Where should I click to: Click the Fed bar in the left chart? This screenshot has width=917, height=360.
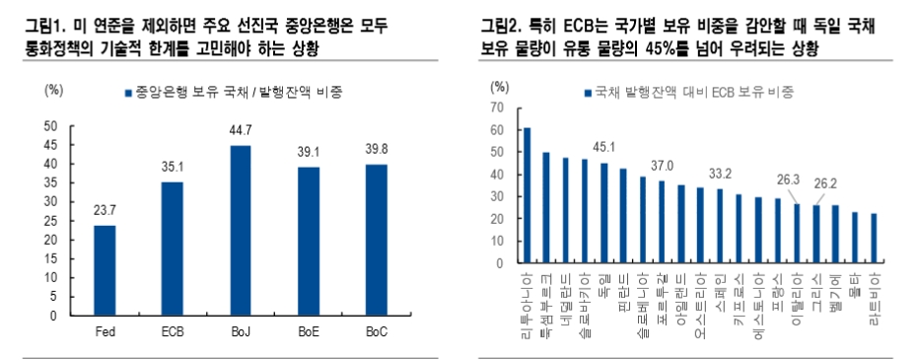tap(105, 270)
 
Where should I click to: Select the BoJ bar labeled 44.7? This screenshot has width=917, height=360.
tap(241, 231)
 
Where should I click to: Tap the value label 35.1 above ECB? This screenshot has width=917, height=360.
tap(173, 168)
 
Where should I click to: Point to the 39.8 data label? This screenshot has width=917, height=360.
tap(377, 150)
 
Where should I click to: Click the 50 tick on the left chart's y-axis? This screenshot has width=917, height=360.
tap(52, 125)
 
